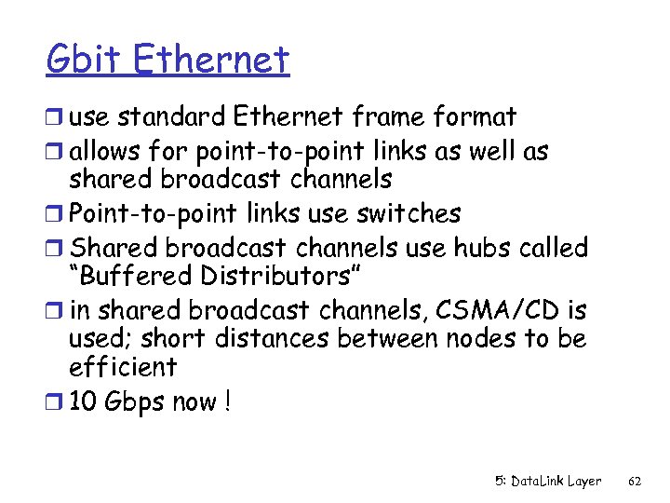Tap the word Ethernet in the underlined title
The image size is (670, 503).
pos(211,61)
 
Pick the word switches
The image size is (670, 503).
pos(409,213)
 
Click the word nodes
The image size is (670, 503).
pos(480,338)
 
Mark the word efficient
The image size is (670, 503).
pos(123,367)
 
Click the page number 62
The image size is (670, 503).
pos(636,482)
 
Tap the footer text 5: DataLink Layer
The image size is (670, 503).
pos(548,482)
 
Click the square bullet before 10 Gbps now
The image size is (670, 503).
pos(55,403)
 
